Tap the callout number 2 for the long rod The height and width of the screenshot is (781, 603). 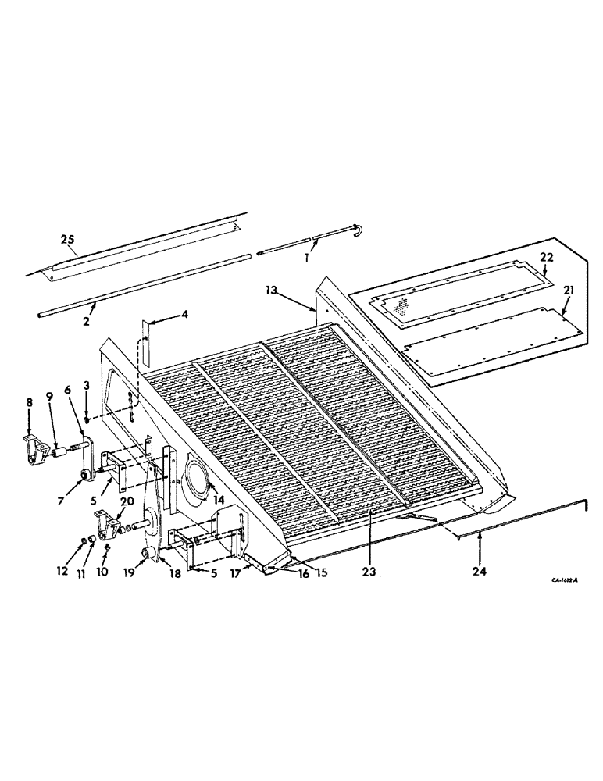[x=87, y=321]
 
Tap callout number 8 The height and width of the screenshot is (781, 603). [x=29, y=403]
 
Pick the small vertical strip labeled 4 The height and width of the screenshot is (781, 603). [x=145, y=328]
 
